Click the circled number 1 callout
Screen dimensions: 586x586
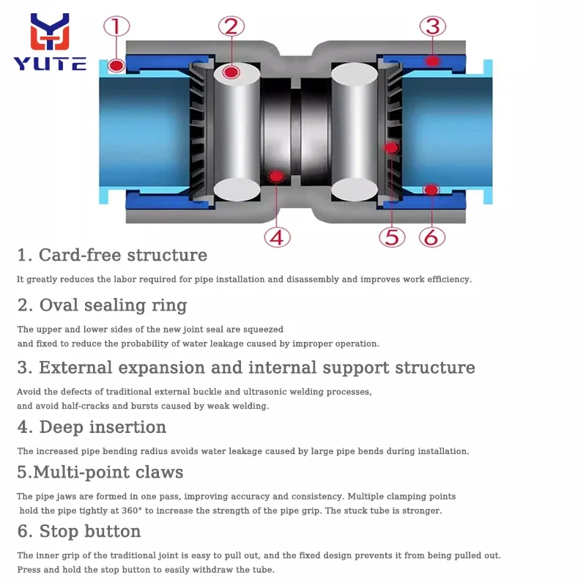(x=116, y=28)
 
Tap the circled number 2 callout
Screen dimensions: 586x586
(x=231, y=28)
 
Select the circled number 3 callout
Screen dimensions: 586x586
(x=432, y=28)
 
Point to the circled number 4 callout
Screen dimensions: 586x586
(x=278, y=237)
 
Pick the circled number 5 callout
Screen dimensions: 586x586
(x=392, y=237)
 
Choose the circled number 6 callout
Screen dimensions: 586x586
(x=432, y=237)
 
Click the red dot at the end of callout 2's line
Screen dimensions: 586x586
(x=231, y=72)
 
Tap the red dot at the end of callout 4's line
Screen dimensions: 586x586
(x=277, y=176)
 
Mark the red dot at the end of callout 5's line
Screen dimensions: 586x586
(x=391, y=147)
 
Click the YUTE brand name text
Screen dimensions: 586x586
(x=50, y=64)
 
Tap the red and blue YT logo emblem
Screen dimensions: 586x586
(x=49, y=33)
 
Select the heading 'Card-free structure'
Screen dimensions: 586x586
(x=112, y=255)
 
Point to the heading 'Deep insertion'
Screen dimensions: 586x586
(x=92, y=426)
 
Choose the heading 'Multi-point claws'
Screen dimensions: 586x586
(x=100, y=472)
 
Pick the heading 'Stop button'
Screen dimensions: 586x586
(x=79, y=531)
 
